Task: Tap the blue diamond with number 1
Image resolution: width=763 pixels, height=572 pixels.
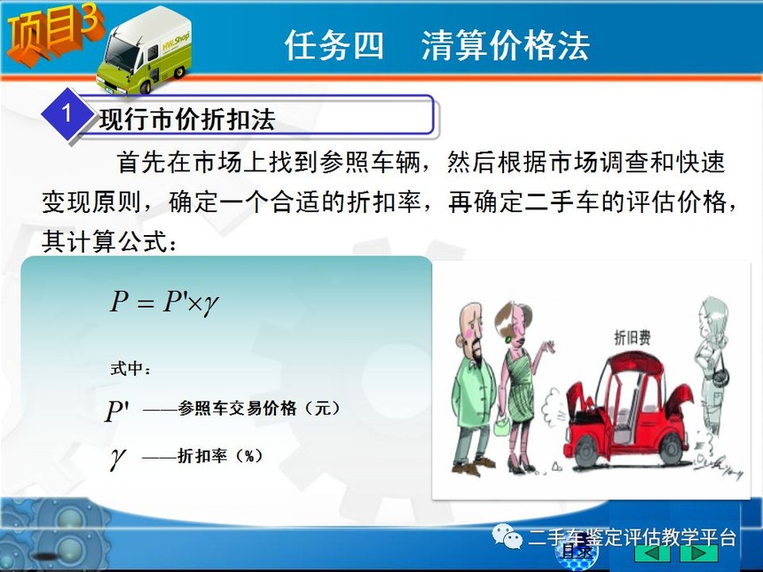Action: coord(67,114)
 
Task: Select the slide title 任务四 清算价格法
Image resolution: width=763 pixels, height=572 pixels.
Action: coord(437,45)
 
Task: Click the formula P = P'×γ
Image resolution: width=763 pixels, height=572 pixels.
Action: coord(164,302)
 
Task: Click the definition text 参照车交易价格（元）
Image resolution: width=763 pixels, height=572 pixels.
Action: coord(259,408)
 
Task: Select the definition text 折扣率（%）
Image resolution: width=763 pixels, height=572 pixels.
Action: coord(220,456)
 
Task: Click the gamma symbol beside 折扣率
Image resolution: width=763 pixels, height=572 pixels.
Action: coord(118,458)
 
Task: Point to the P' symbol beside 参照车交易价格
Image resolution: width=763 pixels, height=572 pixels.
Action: coord(118,411)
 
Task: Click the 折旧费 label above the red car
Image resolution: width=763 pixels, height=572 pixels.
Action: coord(632,337)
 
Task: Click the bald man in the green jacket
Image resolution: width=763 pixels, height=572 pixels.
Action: coord(473,389)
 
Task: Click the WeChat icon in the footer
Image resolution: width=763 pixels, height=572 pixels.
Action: coord(507,536)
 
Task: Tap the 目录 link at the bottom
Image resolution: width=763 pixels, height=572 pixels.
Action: coord(577,552)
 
